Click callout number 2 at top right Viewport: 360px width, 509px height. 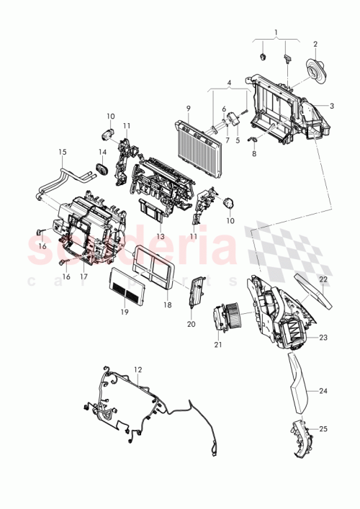click(315, 44)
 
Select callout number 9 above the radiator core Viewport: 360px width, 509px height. click(188, 109)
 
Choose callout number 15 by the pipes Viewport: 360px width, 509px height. click(62, 152)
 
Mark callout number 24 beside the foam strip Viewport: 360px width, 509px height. click(323, 392)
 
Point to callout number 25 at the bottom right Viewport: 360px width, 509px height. click(323, 429)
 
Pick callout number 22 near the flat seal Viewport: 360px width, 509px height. click(323, 279)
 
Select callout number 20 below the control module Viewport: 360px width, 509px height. click(192, 324)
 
